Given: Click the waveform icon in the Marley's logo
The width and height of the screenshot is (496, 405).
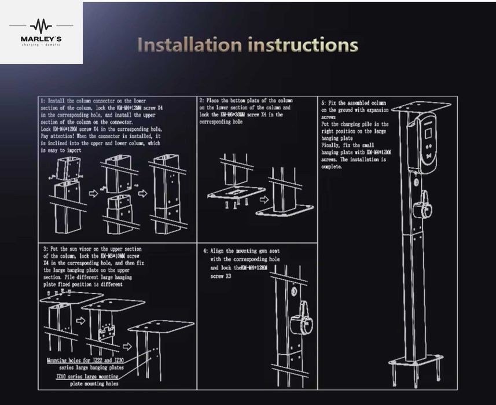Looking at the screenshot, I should coord(41,25).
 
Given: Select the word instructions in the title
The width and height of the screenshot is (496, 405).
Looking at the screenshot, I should coord(303,45).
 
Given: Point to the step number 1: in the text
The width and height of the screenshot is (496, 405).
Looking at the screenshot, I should coord(43,101).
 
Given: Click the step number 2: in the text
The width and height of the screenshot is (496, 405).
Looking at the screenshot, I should coord(201,101).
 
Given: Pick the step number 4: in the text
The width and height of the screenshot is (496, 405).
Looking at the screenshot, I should coord(206,251).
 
